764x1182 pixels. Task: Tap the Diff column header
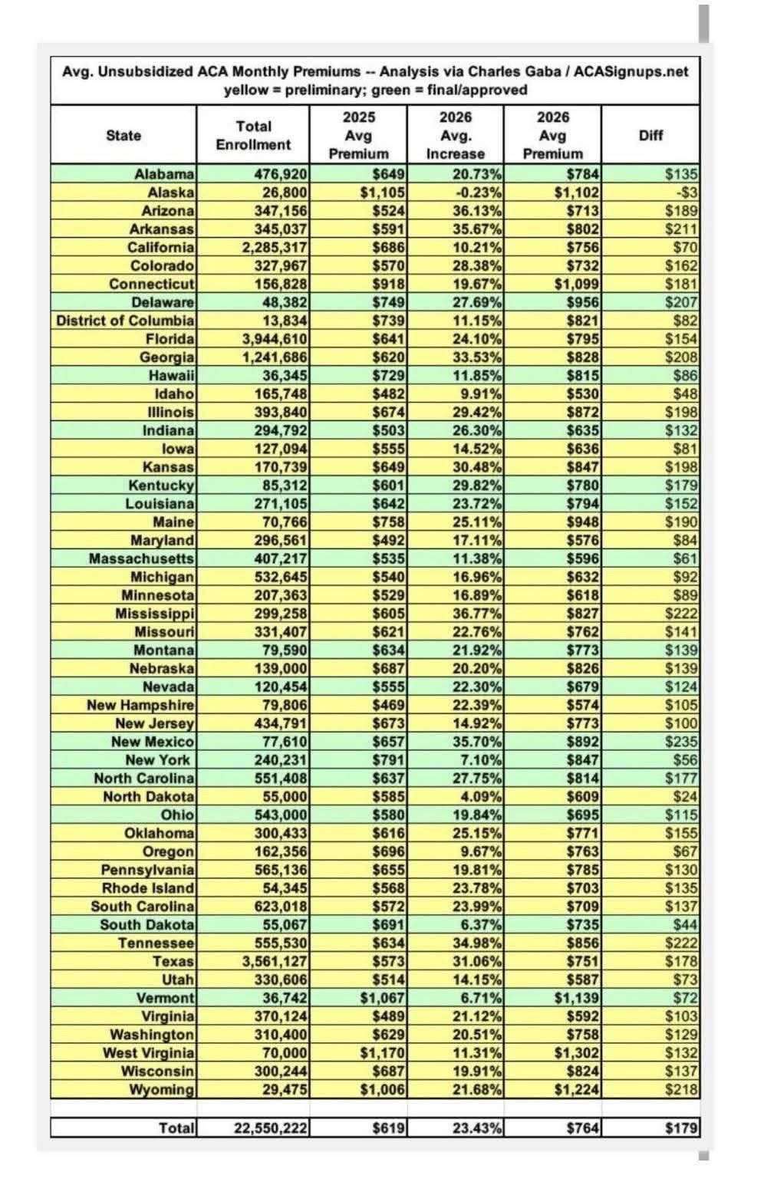click(x=650, y=135)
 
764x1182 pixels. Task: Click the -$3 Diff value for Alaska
click(x=683, y=193)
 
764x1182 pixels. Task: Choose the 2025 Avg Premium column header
click(x=358, y=135)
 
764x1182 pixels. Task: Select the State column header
click(x=123, y=135)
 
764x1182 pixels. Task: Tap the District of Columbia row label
click(x=125, y=321)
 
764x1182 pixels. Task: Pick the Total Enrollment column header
click(x=253, y=135)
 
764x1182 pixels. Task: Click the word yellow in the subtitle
click(x=243, y=90)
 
